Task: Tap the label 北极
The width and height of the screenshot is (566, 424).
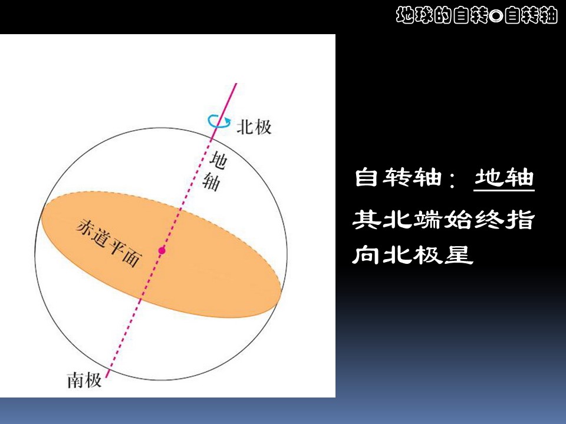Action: pos(254,126)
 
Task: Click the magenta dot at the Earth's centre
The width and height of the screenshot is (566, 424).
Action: pos(162,250)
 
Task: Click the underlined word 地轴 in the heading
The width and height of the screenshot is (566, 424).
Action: pos(504,178)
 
